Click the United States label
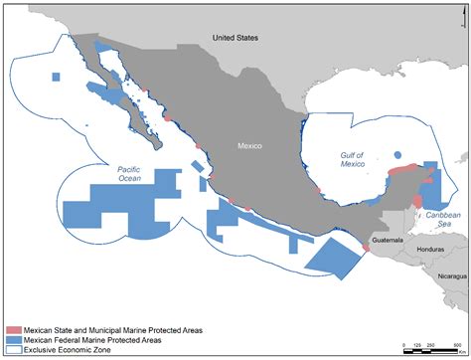[x=235, y=38]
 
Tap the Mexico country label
[x=250, y=145]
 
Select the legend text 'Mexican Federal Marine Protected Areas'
[x=104, y=339]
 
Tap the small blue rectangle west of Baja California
[x=57, y=77]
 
